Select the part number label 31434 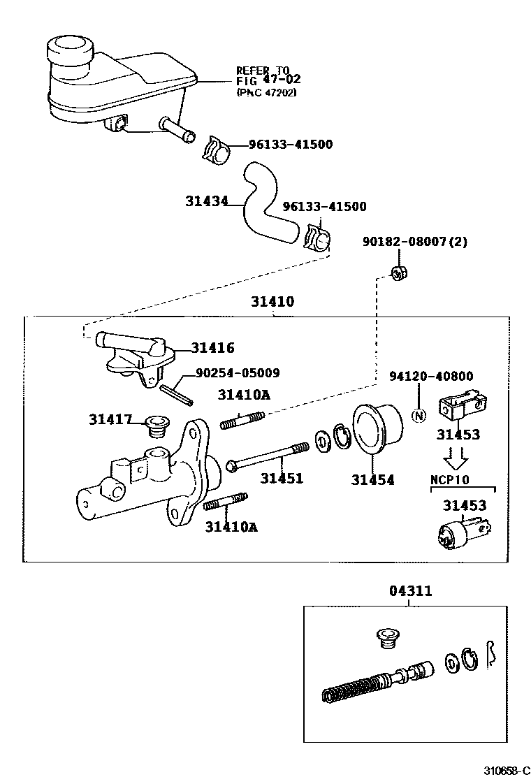[207, 201]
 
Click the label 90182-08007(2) [414, 242]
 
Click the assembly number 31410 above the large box [273, 303]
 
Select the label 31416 [213, 347]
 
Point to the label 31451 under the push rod [282, 479]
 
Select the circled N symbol [419, 416]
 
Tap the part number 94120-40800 [431, 377]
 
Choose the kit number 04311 [410, 591]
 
